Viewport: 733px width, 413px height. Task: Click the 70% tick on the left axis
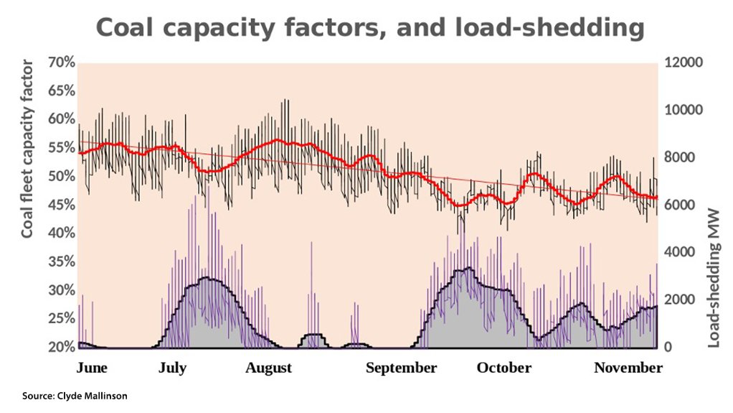coord(61,62)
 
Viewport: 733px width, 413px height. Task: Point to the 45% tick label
coord(61,205)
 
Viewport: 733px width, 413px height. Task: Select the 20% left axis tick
coord(61,348)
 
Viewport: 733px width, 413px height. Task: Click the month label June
coord(92,368)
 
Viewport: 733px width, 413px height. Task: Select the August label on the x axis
coord(268,368)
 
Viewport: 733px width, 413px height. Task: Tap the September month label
coord(401,368)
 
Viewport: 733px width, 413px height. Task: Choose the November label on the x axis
coord(628,368)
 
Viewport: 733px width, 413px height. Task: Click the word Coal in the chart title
coord(125,28)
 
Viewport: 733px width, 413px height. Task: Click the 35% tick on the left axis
coord(61,262)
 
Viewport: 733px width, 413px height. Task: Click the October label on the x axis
coord(504,368)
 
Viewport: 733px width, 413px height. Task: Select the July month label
coord(172,368)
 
